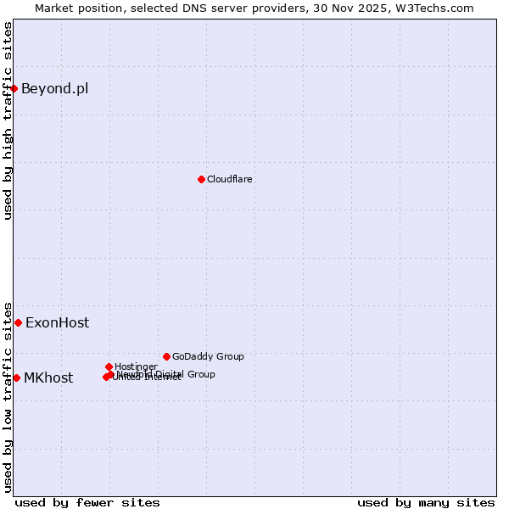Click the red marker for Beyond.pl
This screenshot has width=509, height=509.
(x=14, y=88)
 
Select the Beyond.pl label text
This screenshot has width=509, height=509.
(x=54, y=89)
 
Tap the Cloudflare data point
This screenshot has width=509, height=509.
(x=201, y=179)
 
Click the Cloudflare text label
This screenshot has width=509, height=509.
(x=230, y=179)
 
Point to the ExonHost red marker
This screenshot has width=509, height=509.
(x=18, y=322)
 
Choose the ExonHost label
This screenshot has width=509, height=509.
(x=57, y=323)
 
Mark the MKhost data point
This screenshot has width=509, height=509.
(x=16, y=378)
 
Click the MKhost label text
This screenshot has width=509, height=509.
(x=48, y=378)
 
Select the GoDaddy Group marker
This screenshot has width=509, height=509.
(x=166, y=356)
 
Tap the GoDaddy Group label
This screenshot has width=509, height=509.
(x=208, y=356)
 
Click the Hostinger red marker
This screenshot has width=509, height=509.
(x=109, y=366)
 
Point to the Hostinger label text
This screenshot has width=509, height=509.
(x=136, y=366)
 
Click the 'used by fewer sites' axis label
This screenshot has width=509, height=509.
(x=87, y=502)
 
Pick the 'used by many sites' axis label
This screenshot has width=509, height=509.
(x=426, y=502)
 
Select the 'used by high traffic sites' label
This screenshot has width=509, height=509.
(x=8, y=120)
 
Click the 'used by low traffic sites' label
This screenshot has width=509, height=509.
(x=8, y=396)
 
